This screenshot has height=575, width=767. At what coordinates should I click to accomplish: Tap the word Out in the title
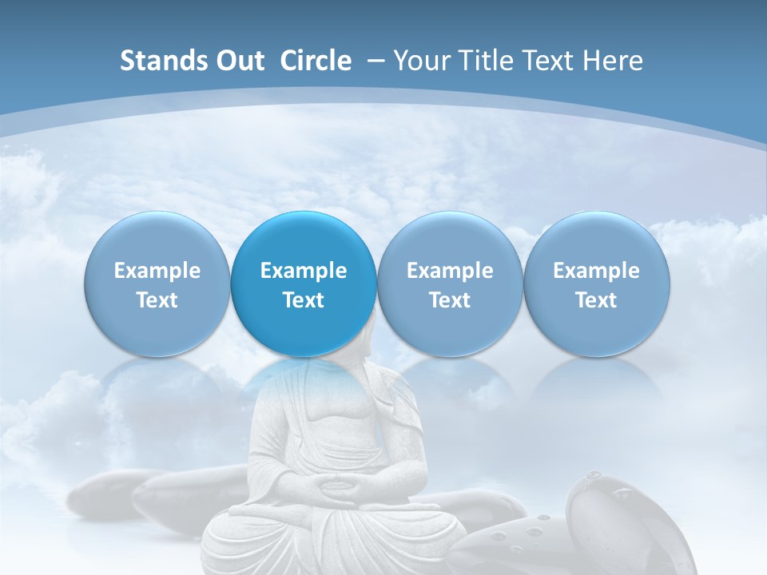tap(238, 61)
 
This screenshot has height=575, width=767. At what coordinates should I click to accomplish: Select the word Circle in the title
tap(316, 61)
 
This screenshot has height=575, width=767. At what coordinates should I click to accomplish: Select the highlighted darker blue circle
tap(304, 284)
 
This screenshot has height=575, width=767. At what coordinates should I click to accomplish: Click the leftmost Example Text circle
tap(157, 284)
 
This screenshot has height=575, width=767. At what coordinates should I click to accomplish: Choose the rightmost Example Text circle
tap(597, 284)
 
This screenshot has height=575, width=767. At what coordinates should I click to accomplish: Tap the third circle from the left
tap(450, 284)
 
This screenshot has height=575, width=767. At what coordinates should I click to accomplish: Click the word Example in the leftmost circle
tap(157, 271)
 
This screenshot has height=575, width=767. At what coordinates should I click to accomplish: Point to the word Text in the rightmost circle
tap(597, 300)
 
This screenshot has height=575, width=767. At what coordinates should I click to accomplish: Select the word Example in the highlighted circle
tap(304, 271)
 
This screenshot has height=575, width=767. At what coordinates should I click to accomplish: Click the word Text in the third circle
tap(450, 300)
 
